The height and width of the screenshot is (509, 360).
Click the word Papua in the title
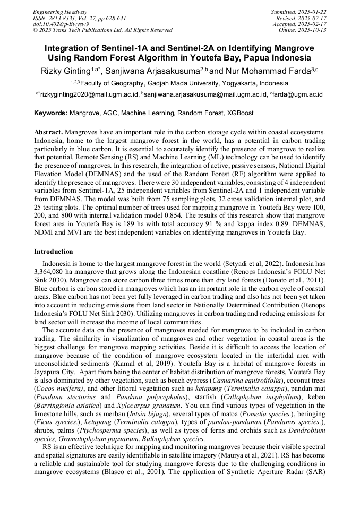tap(261, 57)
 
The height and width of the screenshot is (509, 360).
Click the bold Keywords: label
tap(51, 113)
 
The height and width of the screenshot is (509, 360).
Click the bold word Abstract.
tap(48, 131)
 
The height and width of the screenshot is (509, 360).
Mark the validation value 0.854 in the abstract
tap(207, 215)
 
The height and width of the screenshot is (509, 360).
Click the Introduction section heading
tap(54, 251)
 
